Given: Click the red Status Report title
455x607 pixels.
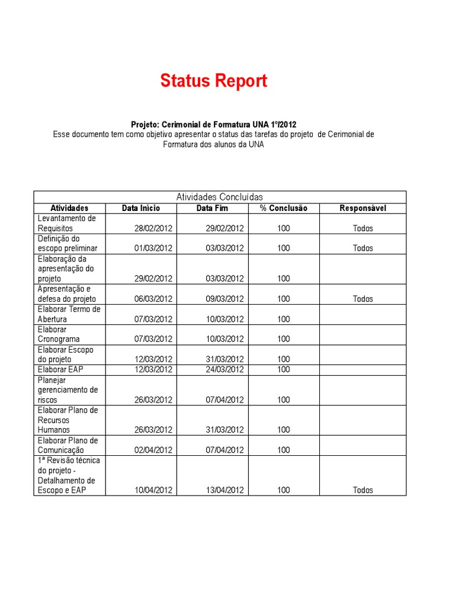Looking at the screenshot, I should tap(213, 81).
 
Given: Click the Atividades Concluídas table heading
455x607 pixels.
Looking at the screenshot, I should tap(220, 197).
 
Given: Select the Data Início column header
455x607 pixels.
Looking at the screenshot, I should tap(141, 208).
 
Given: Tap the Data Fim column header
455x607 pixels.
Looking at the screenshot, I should tap(212, 208).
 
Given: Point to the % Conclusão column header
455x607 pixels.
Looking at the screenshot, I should tap(283, 208).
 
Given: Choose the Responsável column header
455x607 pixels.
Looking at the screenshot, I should tap(363, 208).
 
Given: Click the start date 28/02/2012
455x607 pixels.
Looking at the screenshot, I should tap(153, 228).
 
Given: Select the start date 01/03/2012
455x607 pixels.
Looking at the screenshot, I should tap(153, 248).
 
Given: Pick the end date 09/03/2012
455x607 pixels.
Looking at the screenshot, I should tap(225, 299).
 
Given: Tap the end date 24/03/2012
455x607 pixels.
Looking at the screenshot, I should tap(225, 369).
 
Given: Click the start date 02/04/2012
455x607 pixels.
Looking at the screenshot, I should tap(153, 450).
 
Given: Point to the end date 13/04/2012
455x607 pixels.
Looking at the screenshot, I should tap(225, 490).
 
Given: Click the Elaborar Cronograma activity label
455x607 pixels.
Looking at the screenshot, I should tap(59, 334).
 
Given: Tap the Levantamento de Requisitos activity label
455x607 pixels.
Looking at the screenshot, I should tap(66, 223).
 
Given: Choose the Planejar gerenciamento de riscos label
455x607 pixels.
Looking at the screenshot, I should tap(67, 390).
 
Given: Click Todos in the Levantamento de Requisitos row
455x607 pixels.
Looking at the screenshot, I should tap(363, 228).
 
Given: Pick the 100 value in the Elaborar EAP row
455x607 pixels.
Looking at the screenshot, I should tap(283, 369).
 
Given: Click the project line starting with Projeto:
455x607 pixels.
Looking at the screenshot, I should tap(213, 124).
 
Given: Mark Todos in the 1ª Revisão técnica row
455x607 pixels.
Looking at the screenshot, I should tap(363, 490).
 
